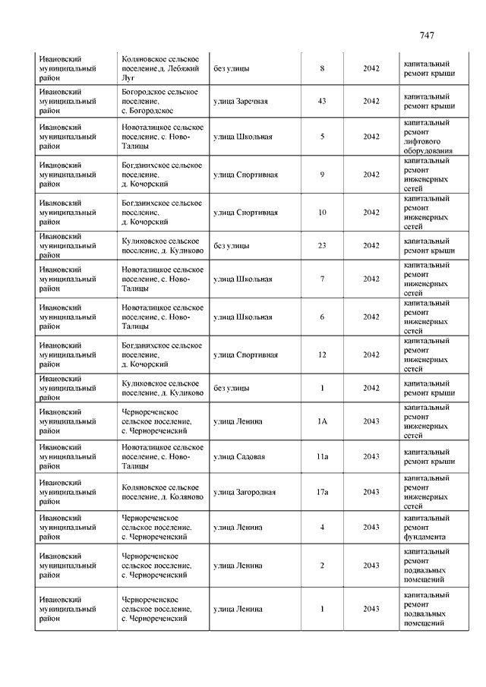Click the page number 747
coord(427,36)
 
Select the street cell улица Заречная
coord(241,102)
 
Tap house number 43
coord(322,102)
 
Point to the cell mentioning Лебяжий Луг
coord(162,68)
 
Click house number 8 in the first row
coord(322,68)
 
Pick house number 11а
coord(322,457)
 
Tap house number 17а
coord(322,492)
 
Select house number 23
coord(322,246)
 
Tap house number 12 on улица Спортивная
coord(322,355)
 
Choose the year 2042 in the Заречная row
coord(371,102)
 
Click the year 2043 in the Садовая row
coord(371,457)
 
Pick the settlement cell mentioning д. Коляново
coord(162,492)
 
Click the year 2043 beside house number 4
coord(371,527)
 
